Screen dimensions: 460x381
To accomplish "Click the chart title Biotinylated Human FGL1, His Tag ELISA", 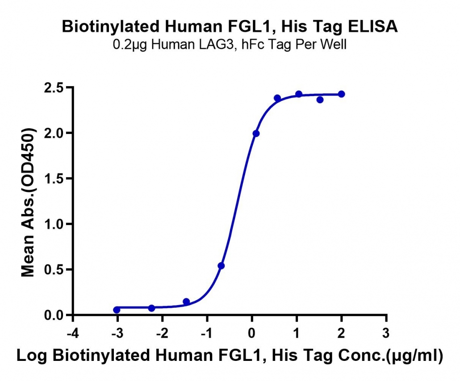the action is [x=230, y=27].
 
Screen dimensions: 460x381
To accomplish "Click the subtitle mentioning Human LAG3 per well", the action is [x=230, y=45].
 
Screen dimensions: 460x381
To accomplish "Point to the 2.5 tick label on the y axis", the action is [x=54, y=88].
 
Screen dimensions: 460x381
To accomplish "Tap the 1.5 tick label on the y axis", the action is [x=54, y=179].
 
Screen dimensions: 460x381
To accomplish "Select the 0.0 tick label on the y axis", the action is [x=54, y=315].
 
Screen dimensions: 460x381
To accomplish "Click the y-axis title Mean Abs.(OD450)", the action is [x=28, y=202].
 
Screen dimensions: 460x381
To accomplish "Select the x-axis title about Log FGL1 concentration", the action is [x=230, y=356].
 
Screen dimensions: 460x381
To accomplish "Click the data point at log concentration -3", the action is [x=117, y=310].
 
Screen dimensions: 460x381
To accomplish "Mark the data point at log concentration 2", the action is [x=342, y=94].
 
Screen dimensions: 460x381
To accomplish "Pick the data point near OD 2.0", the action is [x=256, y=134].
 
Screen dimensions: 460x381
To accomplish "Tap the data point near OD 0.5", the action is [x=221, y=266].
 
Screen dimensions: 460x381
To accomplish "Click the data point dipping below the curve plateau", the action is [x=320, y=100].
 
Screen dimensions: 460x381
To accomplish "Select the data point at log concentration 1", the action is [x=299, y=94].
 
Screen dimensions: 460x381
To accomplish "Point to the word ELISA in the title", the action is [x=373, y=27].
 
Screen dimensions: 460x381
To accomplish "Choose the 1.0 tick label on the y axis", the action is [x=54, y=224].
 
